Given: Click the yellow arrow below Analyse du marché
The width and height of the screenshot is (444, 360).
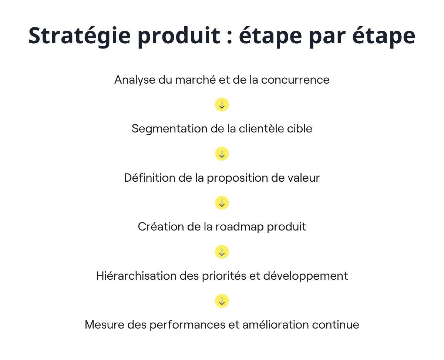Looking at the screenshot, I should (x=222, y=105).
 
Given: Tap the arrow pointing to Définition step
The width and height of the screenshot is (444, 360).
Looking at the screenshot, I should (x=222, y=154).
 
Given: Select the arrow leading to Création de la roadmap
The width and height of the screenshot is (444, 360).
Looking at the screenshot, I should (x=222, y=203).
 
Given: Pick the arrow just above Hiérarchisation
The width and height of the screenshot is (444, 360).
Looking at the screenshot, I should (x=222, y=252).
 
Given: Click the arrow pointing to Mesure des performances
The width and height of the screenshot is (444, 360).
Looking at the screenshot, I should (x=222, y=301).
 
